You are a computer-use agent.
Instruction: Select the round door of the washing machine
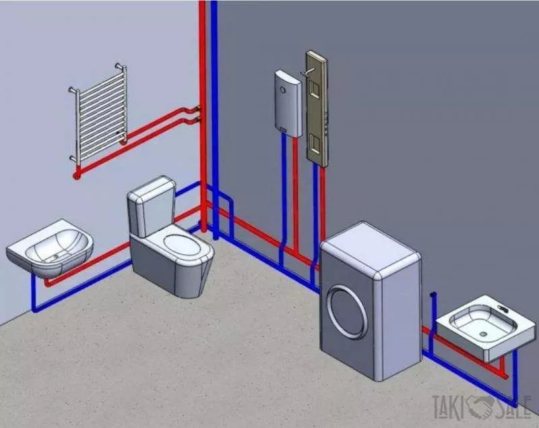[347, 311]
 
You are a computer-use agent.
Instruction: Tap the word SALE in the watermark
[512, 405]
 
